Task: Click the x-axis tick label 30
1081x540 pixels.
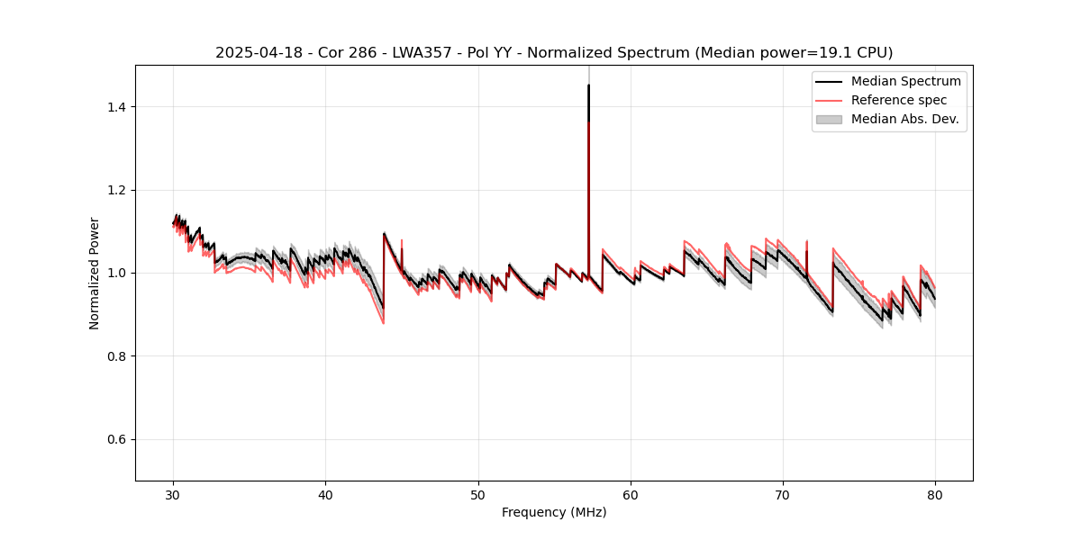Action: click(x=174, y=494)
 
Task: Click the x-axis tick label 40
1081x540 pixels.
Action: click(x=326, y=494)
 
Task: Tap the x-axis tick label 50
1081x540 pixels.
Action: click(x=478, y=494)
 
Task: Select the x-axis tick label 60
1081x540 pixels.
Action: click(x=631, y=494)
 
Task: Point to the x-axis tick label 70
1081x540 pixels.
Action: click(x=783, y=494)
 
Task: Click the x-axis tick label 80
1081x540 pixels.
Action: click(x=935, y=494)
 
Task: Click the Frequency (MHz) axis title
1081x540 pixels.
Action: click(x=554, y=512)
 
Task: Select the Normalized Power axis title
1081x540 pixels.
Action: click(x=95, y=273)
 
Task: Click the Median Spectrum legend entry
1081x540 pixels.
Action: click(x=905, y=81)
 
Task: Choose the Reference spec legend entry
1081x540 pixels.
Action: click(x=899, y=100)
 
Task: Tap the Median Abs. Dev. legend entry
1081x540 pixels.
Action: click(x=904, y=119)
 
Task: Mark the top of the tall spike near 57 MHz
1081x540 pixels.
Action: click(x=588, y=85)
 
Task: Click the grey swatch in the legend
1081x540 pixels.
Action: click(x=829, y=119)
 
